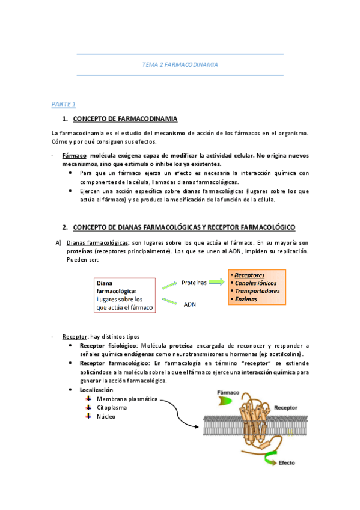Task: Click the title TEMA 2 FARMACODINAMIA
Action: point(180,64)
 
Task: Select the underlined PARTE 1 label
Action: point(63,104)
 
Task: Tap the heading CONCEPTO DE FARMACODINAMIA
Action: point(124,118)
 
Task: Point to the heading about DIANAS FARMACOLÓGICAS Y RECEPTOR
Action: point(184,227)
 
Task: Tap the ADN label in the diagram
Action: point(189,304)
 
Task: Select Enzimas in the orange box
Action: point(247,299)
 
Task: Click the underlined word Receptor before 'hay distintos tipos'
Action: point(75,336)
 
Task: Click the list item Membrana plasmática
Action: point(127,399)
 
